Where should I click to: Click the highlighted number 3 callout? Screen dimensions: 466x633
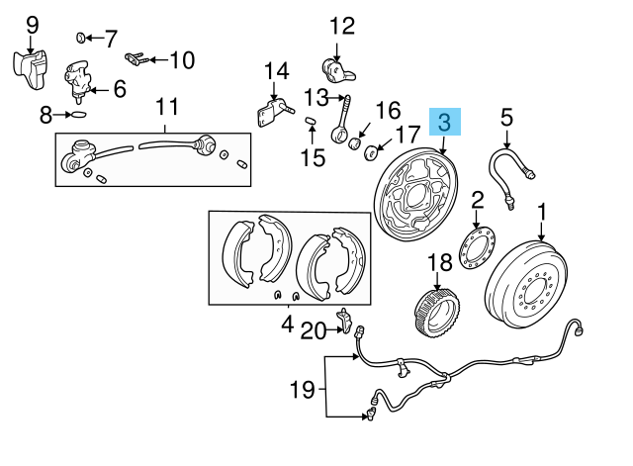pyautogui.click(x=444, y=123)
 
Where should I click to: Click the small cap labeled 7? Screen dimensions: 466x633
pyautogui.click(x=81, y=38)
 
